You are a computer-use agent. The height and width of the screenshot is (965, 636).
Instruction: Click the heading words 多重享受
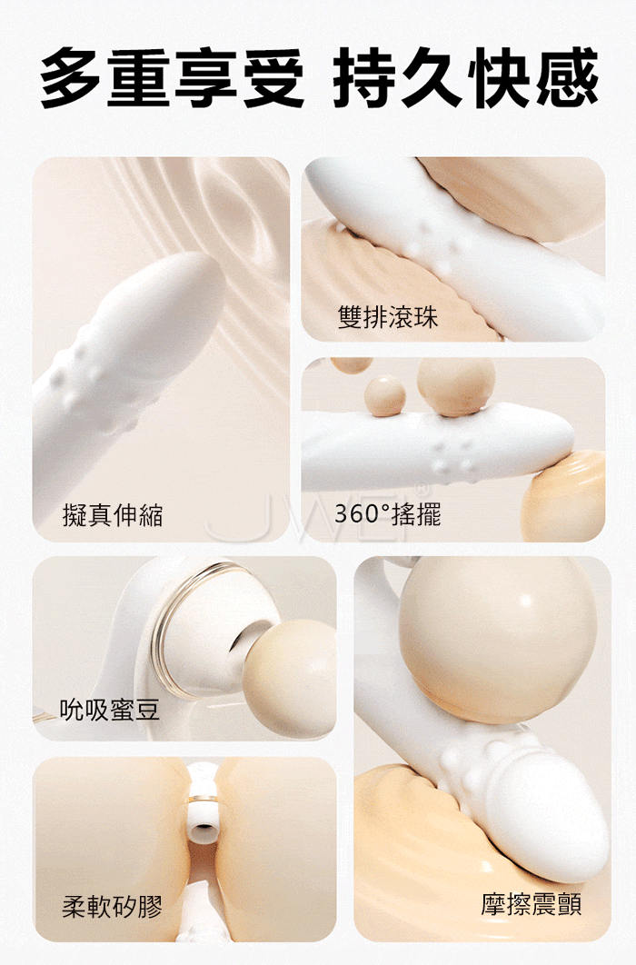click(173, 77)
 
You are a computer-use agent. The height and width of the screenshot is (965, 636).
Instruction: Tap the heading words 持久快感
click(465, 77)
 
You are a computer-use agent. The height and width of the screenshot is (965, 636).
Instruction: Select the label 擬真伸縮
click(114, 514)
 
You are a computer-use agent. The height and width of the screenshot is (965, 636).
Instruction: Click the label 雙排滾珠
click(388, 317)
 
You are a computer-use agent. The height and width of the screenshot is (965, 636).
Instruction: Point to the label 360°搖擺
click(388, 514)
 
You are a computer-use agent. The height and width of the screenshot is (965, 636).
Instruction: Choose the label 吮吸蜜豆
click(110, 710)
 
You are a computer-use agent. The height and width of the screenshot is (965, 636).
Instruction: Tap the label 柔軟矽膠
click(113, 907)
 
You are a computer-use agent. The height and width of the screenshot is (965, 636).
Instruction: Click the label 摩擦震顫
click(532, 904)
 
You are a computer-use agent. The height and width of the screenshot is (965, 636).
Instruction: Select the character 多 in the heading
click(73, 77)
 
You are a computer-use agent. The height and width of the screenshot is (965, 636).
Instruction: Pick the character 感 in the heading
click(567, 77)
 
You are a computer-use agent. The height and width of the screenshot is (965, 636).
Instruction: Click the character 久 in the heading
click(433, 77)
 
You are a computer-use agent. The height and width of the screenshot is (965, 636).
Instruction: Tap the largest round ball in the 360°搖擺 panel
click(456, 386)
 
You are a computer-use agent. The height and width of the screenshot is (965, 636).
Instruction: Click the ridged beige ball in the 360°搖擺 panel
click(563, 496)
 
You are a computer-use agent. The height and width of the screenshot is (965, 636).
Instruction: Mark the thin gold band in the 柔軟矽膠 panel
click(203, 799)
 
